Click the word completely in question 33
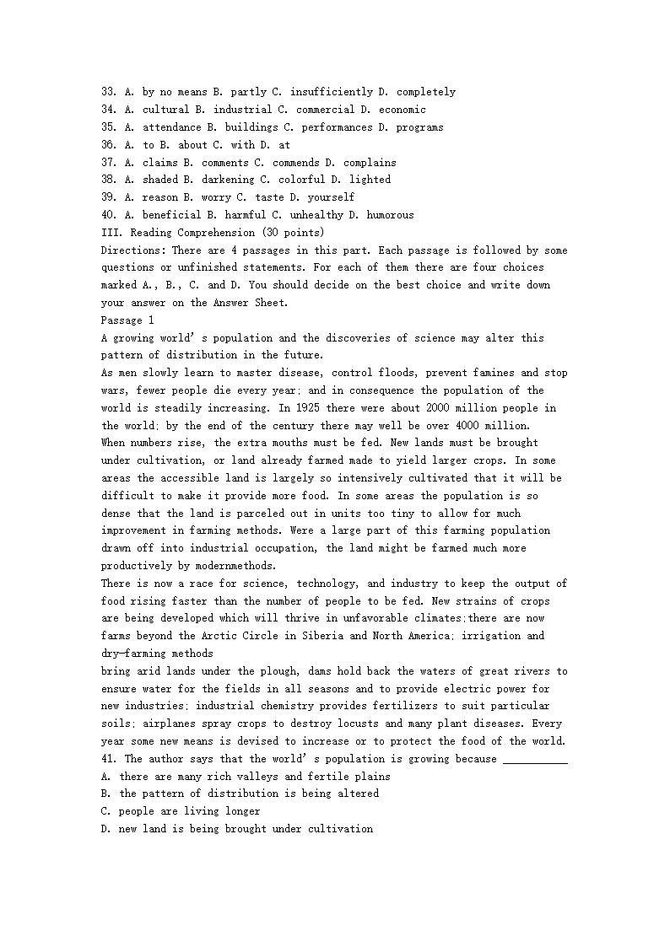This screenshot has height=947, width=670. [x=426, y=92]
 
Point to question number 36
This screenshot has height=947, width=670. [x=108, y=145]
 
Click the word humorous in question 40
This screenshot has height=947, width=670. [x=390, y=215]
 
